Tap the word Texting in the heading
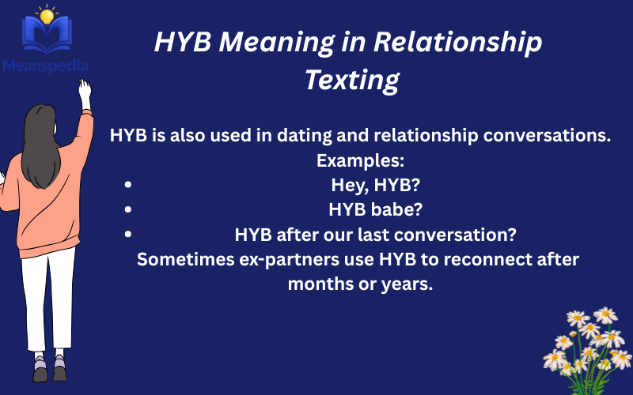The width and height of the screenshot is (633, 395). point(352,80)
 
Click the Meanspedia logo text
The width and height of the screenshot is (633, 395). point(45,66)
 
